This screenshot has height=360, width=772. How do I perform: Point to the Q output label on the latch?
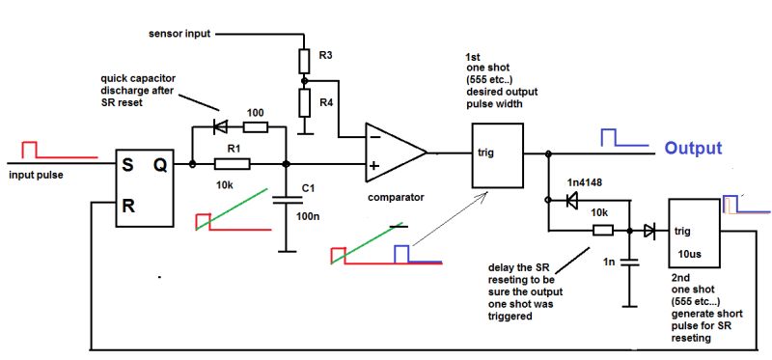[x=161, y=164]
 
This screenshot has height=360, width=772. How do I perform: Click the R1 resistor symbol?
[x=232, y=163]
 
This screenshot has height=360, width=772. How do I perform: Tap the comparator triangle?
[x=394, y=152]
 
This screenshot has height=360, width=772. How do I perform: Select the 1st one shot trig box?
[x=497, y=154]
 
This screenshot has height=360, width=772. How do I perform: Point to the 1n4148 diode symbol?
[x=570, y=201]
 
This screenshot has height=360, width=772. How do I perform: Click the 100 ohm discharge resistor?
[x=254, y=127]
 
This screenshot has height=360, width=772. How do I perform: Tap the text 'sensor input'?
[x=179, y=34]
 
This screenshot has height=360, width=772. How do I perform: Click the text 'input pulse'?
[x=38, y=176]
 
